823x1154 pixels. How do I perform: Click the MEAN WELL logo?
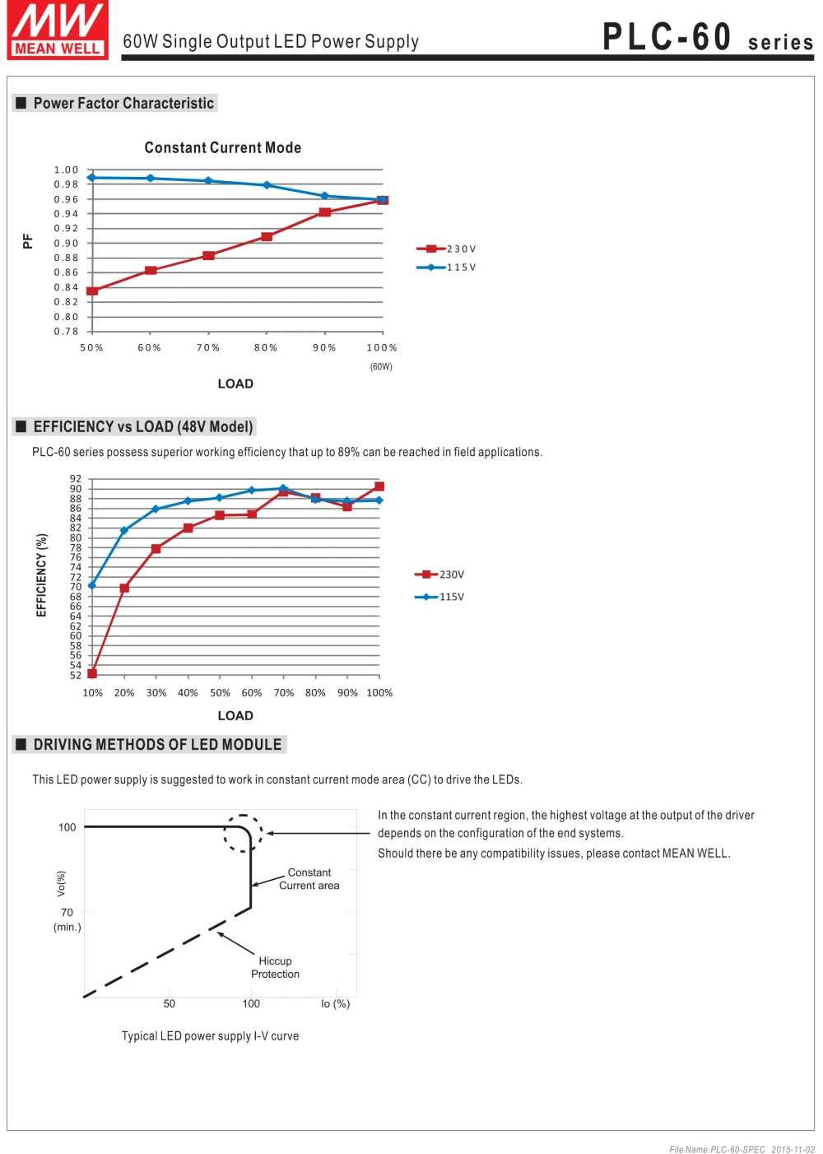coord(58,30)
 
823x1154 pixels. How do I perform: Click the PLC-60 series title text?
coord(708,37)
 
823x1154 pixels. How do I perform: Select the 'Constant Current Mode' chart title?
coord(222,147)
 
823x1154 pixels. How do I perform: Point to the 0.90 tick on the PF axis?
coord(66,243)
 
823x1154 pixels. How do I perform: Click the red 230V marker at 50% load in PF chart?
coord(92,291)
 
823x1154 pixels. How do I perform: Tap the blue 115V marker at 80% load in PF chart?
coord(267,185)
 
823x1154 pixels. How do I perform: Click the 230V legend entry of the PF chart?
coord(446,249)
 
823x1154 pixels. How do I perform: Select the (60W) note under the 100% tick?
coord(381,366)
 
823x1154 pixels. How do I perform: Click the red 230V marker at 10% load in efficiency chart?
coord(92,674)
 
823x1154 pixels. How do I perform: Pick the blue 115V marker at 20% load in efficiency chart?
coord(124,530)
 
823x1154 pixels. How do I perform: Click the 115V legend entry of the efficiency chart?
coord(439,597)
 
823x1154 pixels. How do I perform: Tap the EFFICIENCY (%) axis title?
coord(41,575)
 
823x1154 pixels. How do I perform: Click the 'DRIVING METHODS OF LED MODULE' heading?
coord(157,744)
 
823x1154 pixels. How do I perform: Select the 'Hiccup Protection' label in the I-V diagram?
coord(275,967)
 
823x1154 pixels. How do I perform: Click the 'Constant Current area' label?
coord(309,878)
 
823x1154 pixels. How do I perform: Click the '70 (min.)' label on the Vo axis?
coord(67,919)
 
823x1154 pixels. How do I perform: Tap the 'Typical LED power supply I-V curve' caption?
coord(210,1035)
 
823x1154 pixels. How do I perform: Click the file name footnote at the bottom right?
coord(742,1149)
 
